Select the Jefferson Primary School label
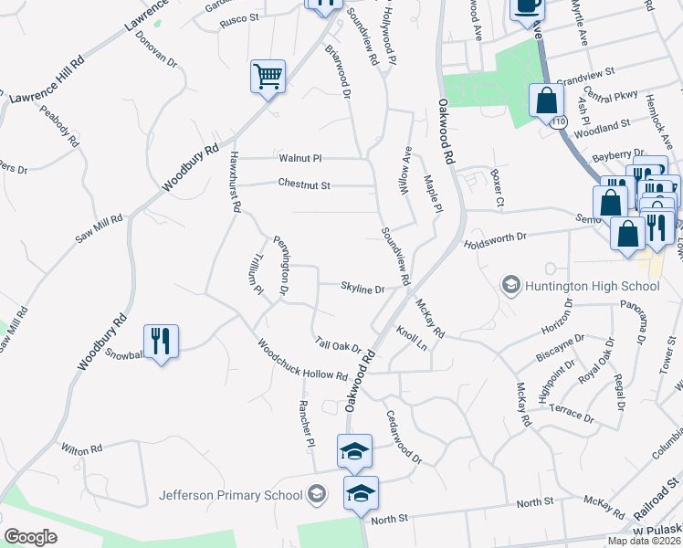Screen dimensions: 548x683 click(230, 495)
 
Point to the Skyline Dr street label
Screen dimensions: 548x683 click(363, 289)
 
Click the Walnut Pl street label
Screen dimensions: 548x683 click(302, 158)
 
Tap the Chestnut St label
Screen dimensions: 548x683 click(303, 184)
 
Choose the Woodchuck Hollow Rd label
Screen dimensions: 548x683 click(302, 362)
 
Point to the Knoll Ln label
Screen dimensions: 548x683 click(411, 338)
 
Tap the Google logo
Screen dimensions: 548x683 click(30, 537)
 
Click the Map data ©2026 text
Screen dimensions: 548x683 click(644, 541)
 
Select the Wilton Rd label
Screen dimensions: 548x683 click(82, 449)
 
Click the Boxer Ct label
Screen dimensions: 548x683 click(497, 186)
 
